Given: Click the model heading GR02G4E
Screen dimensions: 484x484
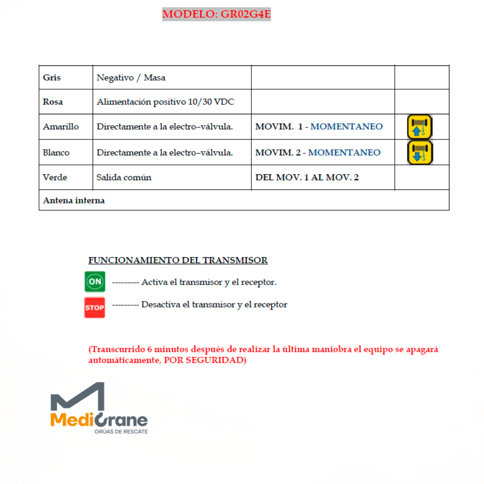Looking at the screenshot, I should click(x=216, y=14).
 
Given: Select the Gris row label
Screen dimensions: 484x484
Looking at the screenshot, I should click(x=52, y=78).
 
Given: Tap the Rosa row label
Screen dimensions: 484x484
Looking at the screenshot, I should click(x=53, y=102).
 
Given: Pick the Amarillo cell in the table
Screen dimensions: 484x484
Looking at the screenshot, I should click(x=60, y=127).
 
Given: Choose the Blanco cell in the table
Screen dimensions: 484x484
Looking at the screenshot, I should click(x=56, y=152).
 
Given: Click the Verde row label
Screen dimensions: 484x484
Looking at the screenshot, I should click(x=55, y=177).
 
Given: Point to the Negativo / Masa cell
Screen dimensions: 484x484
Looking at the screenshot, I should click(x=131, y=78).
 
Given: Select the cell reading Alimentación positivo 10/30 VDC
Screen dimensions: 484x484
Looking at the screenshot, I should click(x=165, y=102).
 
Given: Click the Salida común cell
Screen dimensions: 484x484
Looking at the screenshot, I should click(x=124, y=177).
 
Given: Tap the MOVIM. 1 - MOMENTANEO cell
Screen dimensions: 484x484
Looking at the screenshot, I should click(x=319, y=127).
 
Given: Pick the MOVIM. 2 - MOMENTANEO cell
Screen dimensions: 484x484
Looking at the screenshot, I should click(x=318, y=152).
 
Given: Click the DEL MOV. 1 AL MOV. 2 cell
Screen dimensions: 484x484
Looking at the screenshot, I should click(x=307, y=177).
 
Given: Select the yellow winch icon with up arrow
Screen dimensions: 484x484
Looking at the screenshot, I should click(x=419, y=127).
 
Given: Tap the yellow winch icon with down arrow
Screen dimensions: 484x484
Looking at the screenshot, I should click(x=419, y=152).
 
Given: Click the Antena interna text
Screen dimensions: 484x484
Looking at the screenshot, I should click(x=73, y=200).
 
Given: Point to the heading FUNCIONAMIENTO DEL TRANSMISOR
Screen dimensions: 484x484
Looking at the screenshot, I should click(x=178, y=260).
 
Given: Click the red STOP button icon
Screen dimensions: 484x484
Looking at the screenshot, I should click(x=95, y=307).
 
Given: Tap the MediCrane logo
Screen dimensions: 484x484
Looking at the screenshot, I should click(x=99, y=409).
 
